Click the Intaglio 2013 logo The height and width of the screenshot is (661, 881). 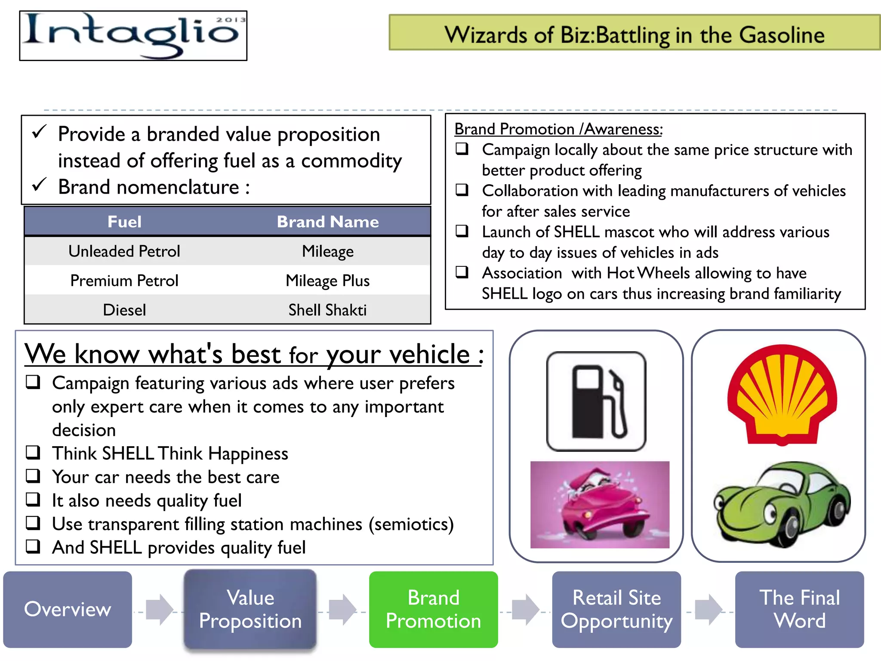point(133,36)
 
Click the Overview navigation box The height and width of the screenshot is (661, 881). point(68,609)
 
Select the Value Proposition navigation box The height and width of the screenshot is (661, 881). point(250,609)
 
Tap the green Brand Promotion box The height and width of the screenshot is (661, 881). point(433,609)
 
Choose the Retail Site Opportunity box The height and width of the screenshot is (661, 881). point(616,609)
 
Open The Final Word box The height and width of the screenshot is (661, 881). point(799,609)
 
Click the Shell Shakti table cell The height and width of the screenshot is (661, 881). point(327,310)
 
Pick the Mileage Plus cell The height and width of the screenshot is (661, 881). point(327,281)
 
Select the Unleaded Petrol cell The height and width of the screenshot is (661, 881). point(124,251)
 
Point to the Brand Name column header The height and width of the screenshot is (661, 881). point(327,222)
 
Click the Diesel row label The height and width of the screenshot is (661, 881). point(124,310)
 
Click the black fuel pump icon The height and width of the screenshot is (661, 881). point(596,401)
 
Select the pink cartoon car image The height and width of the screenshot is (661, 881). point(600,504)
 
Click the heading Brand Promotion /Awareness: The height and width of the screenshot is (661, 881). point(558,129)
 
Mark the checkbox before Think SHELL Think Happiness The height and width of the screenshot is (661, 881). point(33,452)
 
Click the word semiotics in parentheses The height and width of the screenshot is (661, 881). point(411,524)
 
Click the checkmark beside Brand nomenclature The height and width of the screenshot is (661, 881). point(39,185)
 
